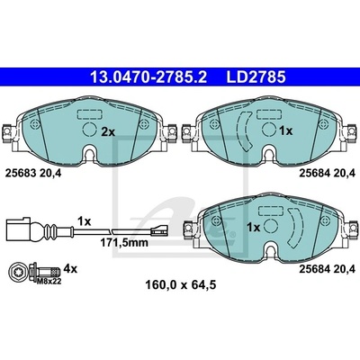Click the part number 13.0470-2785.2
point(148,77)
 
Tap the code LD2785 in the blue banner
point(256,77)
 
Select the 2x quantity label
point(108,131)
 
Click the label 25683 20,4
point(33,173)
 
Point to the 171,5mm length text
point(124,243)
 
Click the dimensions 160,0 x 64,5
point(181,284)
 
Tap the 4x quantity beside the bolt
point(71,269)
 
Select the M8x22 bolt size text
point(49,281)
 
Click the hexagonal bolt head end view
point(17,272)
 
